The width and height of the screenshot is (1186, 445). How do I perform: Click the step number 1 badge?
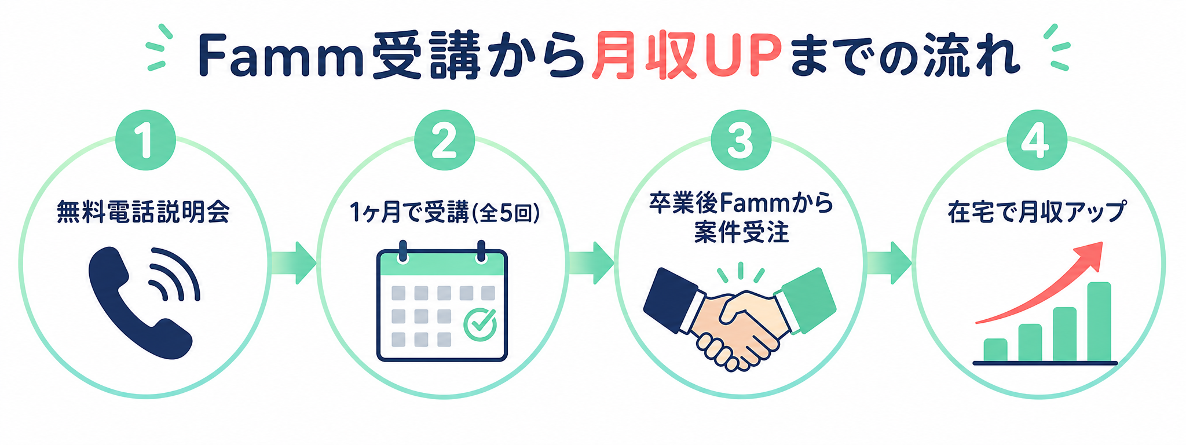coord(145,141)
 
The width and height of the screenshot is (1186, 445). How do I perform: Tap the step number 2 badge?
coord(444,141)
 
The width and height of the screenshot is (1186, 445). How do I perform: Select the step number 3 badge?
coord(741,141)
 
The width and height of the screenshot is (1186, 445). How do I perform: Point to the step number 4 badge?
coord(1037,141)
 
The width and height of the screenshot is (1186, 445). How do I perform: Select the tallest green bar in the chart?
coord(1099,322)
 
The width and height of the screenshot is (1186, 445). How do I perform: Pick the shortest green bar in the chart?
coord(995,350)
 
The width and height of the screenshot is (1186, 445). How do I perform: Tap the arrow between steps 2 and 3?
coord(592,263)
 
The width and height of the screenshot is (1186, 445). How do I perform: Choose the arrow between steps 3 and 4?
coord(889,263)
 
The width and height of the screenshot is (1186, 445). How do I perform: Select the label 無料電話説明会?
coord(143,213)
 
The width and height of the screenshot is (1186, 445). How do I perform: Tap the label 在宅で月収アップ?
coord(1037,213)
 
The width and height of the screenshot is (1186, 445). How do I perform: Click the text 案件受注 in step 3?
coord(741,233)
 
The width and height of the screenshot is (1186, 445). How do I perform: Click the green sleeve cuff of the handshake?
coord(808,300)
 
